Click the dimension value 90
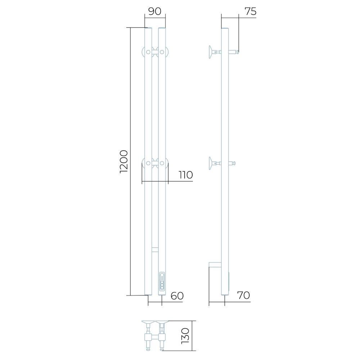pos(155,11)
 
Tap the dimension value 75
pos(250,11)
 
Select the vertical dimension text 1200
pos(123,161)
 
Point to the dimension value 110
pos(186,175)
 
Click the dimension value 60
pos(177,296)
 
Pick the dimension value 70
pos(243,295)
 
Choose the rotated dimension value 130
pos(185,336)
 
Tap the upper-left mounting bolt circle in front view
pos(148,52)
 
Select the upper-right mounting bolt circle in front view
pos(162,52)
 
